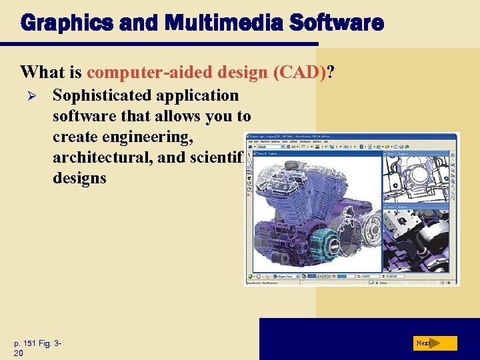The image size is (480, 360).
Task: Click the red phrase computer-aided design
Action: (178, 71)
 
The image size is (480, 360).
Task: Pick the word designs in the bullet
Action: (79, 178)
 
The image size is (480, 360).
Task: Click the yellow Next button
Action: (434, 343)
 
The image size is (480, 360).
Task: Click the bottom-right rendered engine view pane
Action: (419, 240)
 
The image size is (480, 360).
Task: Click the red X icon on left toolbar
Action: (249, 194)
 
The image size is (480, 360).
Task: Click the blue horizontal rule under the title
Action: (159, 45)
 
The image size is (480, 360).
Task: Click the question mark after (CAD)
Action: (331, 71)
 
